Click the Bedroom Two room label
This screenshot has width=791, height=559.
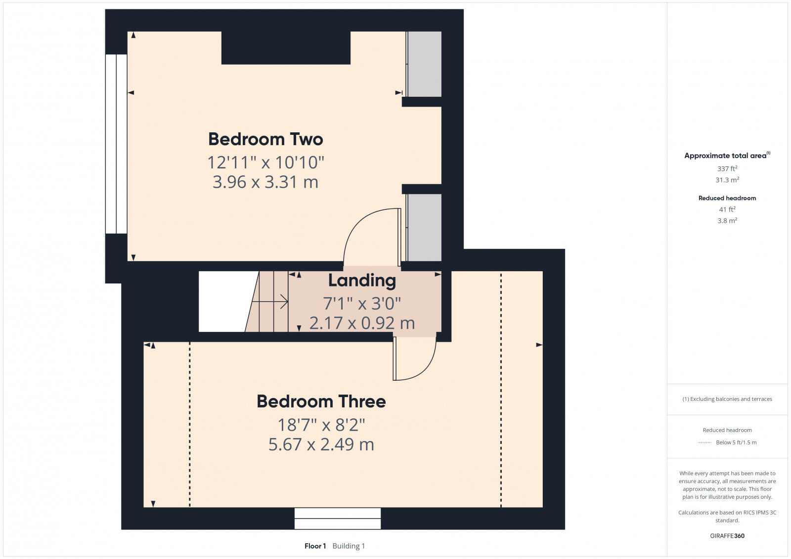265,139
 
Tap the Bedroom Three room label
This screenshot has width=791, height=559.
321,401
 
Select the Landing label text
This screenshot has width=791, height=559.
362,280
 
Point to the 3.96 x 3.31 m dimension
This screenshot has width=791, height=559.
265,182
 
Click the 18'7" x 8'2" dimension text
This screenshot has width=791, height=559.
321,425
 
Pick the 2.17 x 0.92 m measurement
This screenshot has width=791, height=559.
362,323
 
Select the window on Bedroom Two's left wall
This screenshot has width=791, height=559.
116,144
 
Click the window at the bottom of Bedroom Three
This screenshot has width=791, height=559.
338,519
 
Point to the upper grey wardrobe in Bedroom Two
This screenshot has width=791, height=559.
424,64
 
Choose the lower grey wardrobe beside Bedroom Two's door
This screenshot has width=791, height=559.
424,227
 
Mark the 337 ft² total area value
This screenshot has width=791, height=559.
727,169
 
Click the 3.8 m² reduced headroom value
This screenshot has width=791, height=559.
727,221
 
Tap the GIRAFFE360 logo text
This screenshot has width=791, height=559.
727,536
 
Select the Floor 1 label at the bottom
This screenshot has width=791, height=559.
315,546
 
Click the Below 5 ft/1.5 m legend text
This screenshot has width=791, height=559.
736,442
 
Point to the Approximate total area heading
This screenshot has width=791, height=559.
725,156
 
